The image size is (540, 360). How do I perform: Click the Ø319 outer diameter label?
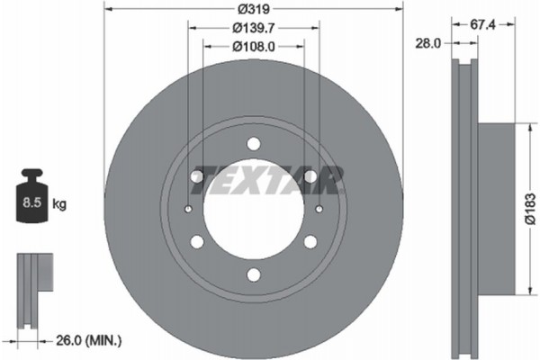click(253, 12)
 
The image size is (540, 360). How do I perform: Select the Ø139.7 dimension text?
click(253, 30)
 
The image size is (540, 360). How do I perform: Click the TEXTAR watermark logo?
click(270, 179)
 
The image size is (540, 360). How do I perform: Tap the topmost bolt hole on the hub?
click(253, 143)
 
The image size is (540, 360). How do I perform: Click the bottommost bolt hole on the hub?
click(253, 274)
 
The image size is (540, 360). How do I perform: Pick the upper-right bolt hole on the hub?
click(310, 176)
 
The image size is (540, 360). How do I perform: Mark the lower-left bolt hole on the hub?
click(196, 241)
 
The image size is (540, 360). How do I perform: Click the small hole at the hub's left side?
click(187, 209)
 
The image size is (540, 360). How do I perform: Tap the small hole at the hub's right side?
click(319, 209)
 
